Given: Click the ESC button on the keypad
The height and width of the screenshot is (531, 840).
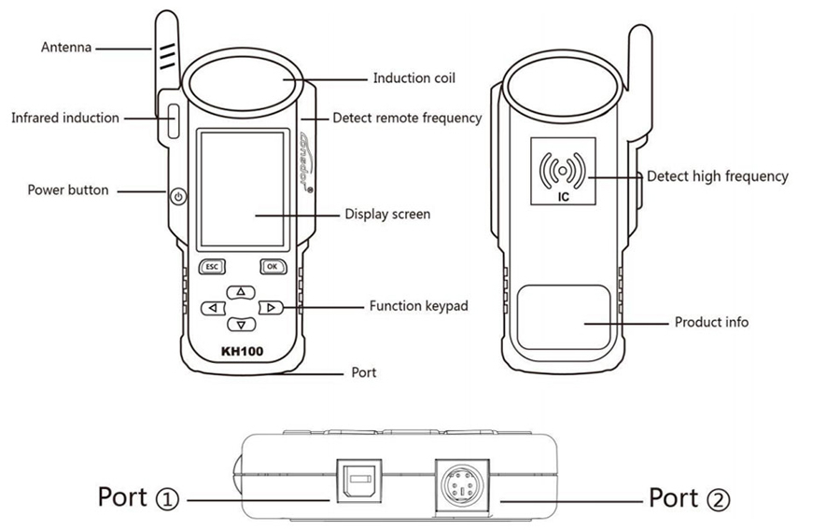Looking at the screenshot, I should [212, 266].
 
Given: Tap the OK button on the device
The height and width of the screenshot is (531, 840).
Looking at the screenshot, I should [272, 266].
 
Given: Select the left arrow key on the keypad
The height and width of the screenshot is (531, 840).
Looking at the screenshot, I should [214, 307].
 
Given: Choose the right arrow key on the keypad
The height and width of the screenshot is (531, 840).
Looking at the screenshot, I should [269, 307].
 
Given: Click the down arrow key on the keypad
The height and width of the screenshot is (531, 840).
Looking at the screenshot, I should [241, 324].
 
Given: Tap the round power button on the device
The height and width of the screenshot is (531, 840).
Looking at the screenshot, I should [178, 197].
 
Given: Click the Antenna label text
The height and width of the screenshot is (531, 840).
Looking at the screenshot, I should [66, 47].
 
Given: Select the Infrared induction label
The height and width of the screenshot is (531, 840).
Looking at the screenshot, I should [65, 118].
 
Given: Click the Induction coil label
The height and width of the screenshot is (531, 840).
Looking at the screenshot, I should [414, 78].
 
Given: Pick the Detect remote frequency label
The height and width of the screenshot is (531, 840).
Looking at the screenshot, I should [407, 118].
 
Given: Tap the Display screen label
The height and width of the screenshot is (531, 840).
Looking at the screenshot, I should [387, 214].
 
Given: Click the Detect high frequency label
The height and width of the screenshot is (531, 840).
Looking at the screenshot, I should [718, 175].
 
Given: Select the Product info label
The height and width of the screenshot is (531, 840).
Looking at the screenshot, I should [711, 322].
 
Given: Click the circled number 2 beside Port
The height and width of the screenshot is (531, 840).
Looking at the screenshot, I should [719, 500].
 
